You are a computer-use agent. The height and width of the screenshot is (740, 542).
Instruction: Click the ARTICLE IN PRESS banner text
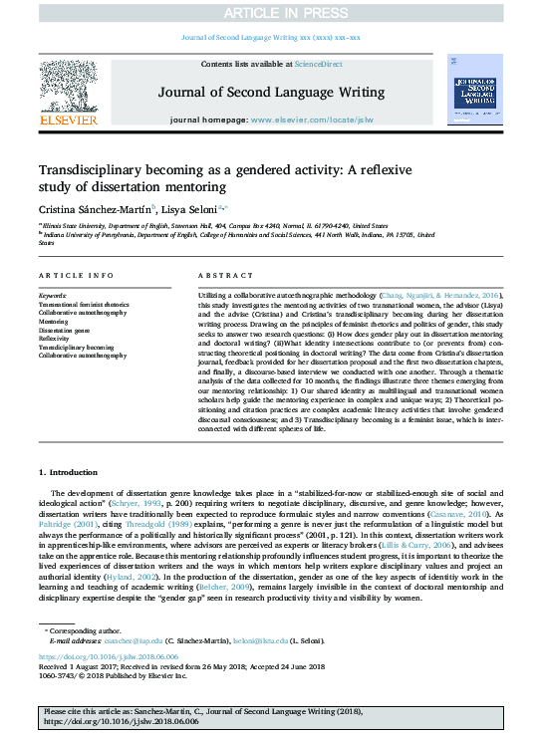coord(271,12)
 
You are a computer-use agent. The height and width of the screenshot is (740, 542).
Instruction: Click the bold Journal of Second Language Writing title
coord(271,93)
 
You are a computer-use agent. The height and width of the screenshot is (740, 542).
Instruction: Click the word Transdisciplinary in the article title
coord(86,170)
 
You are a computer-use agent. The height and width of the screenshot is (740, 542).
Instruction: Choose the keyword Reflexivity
coord(55,339)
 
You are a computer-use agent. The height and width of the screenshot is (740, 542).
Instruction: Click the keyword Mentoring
coord(54,323)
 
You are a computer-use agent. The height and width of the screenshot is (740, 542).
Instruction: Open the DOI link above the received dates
coord(96,658)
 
